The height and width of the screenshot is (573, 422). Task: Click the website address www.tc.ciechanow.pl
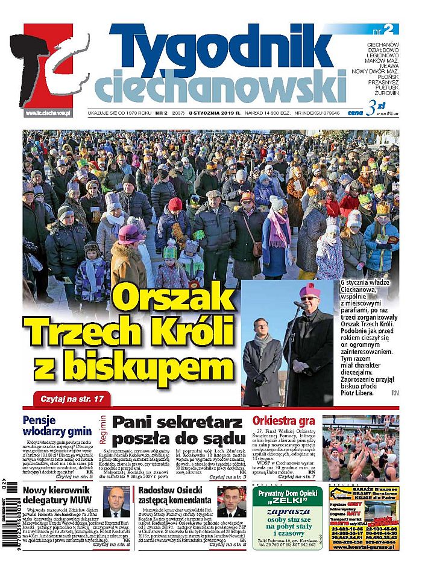click(49, 113)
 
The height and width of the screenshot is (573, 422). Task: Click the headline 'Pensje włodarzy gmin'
click(57, 426)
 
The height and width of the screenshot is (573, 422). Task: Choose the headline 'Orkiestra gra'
click(283, 420)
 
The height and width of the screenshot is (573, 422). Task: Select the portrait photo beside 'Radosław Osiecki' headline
click(231, 502)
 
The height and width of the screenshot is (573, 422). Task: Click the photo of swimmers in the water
click(360, 448)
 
